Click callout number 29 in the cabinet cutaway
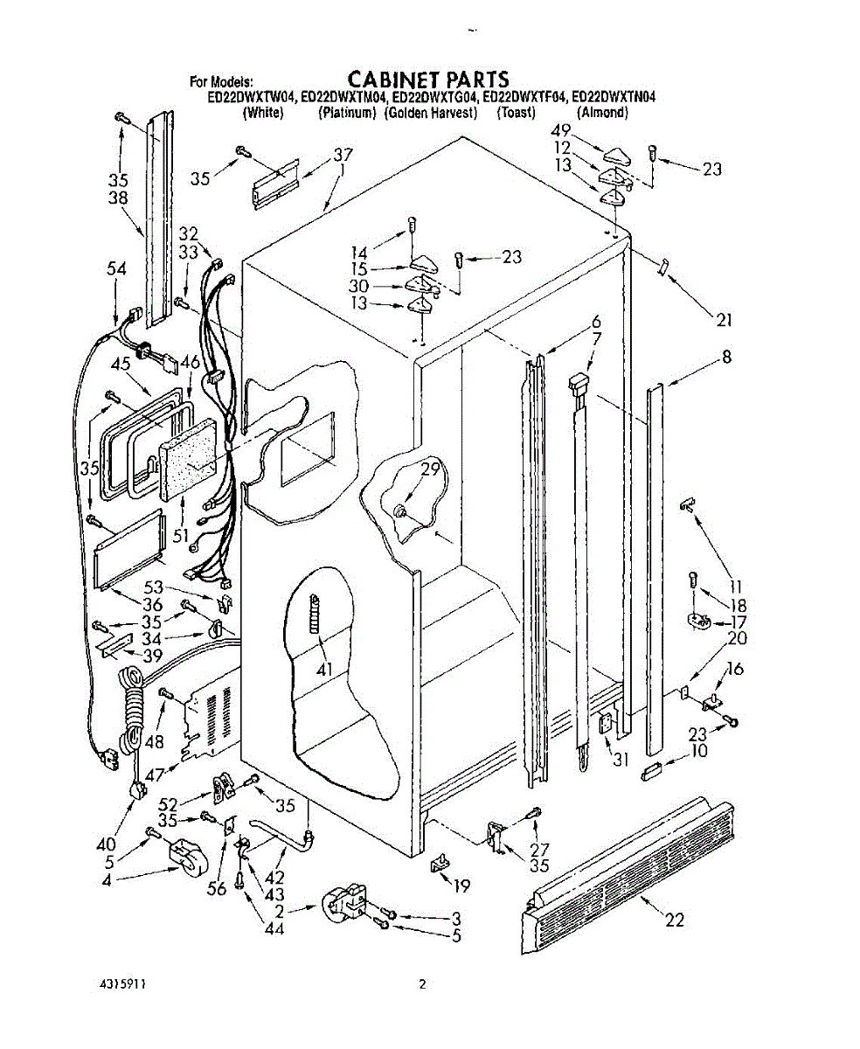429,469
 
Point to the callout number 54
116,270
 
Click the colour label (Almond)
602,113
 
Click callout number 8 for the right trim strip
726,356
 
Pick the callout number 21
723,320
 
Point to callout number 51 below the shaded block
181,535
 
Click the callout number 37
343,156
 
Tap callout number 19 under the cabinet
462,886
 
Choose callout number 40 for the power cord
106,844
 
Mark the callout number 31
621,760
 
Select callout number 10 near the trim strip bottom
699,751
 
